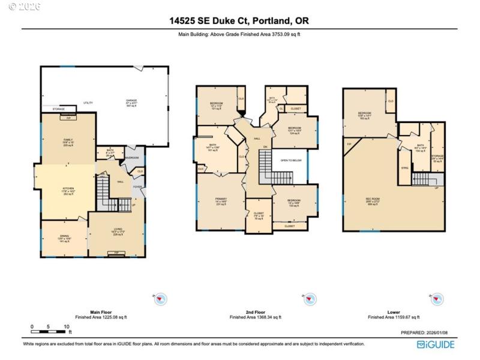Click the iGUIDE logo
point(436,344)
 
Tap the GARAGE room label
point(131,100)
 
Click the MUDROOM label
point(131,157)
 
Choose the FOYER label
point(137,187)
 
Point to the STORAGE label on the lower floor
point(437,155)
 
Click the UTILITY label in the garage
point(88,103)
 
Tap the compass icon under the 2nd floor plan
point(310,299)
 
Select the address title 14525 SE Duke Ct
point(239,21)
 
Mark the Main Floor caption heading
point(101,312)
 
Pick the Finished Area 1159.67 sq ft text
point(394,317)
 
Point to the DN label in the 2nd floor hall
point(265,148)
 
